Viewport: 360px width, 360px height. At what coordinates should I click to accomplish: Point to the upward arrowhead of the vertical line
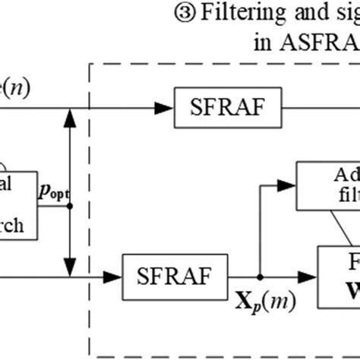click(x=70, y=115)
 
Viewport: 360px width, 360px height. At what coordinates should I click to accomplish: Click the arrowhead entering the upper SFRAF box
click(x=164, y=108)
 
